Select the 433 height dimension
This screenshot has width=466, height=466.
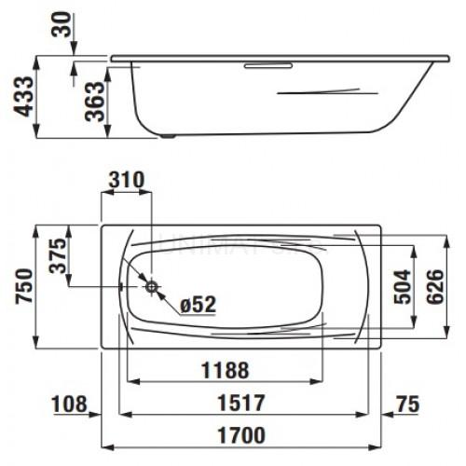click(x=21, y=96)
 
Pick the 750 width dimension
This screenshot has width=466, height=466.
click(x=21, y=284)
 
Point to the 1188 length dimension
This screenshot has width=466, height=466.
click(x=226, y=370)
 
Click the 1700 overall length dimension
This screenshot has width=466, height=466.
click(x=240, y=435)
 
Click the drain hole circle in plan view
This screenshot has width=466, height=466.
click(x=150, y=285)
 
